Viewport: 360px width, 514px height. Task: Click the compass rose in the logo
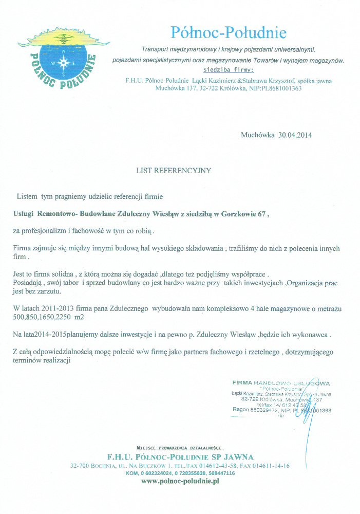pos(64,62)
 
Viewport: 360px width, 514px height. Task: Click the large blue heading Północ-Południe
pos(229,33)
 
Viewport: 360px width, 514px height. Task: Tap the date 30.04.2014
pos(295,136)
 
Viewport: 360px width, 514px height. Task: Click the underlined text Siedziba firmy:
pos(229,69)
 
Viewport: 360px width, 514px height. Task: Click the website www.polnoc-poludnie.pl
pos(180,481)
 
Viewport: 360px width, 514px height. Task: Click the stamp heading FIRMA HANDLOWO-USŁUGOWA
pos(281,383)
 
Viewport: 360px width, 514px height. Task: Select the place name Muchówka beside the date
pos(258,136)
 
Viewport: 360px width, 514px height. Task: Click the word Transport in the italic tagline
pos(156,50)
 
